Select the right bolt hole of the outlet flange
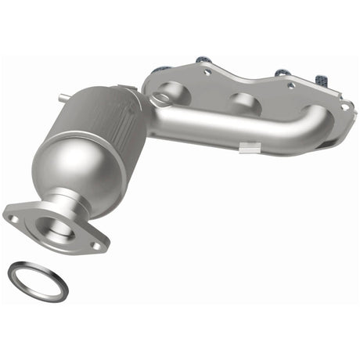coord(95,245)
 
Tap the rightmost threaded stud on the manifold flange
coord(322,79)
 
